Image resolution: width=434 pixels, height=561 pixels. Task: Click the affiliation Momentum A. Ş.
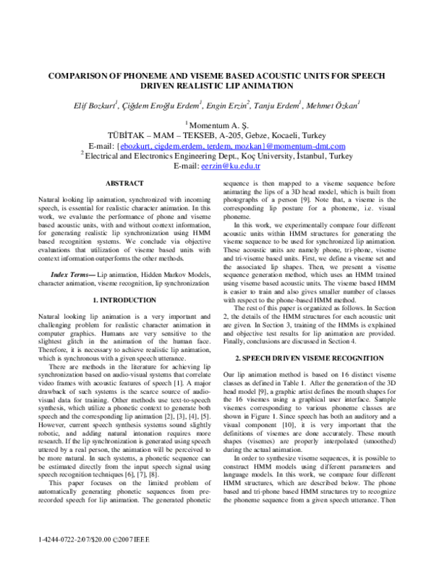pyautogui.click(x=218, y=126)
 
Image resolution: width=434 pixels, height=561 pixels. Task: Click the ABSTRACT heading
pyautogui.click(x=124, y=184)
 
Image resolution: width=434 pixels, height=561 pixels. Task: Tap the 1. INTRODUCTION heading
pyautogui.click(x=124, y=279)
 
